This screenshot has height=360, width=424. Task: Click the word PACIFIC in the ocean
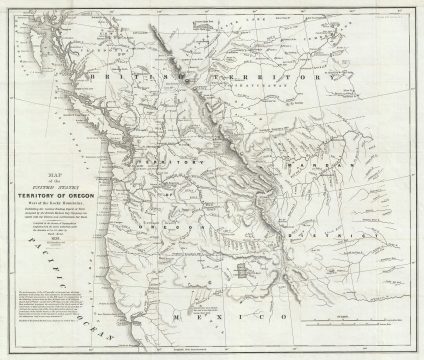point(42,262)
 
